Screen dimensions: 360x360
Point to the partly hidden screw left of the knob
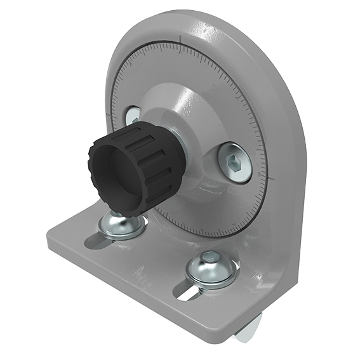133,116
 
